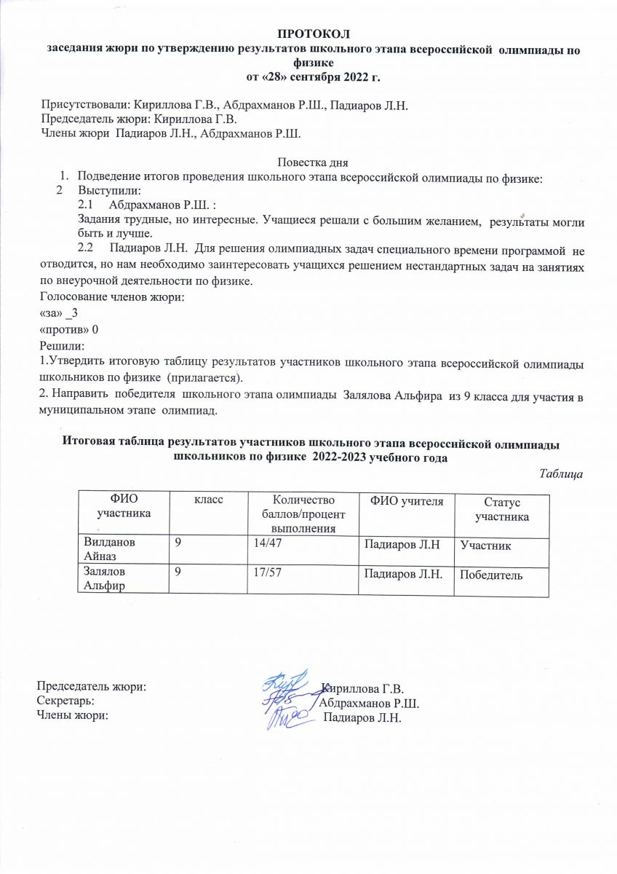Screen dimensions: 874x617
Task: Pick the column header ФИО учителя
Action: click(x=402, y=500)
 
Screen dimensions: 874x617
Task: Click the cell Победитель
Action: click(x=491, y=575)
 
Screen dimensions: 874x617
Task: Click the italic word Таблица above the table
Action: click(x=562, y=473)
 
